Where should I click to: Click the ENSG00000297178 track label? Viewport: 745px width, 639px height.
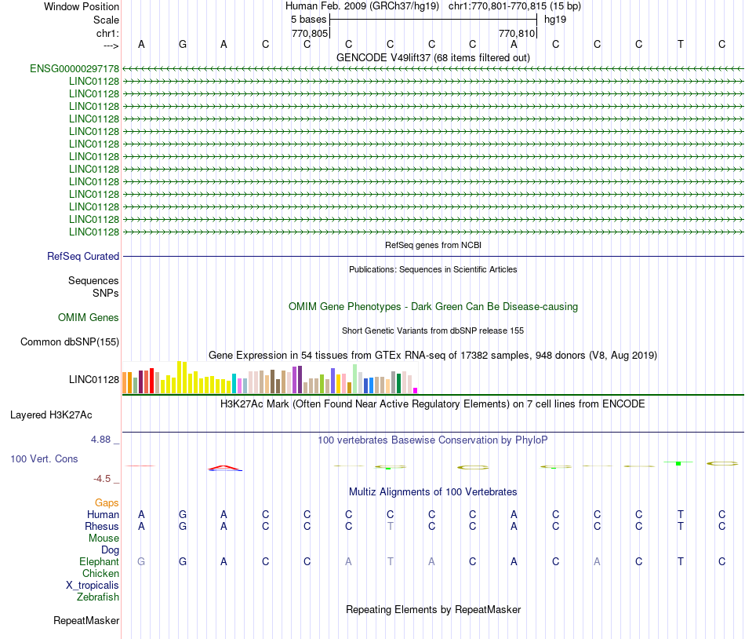tap(74, 69)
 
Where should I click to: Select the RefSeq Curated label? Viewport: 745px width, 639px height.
tap(83, 256)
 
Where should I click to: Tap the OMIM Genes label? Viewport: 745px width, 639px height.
tap(89, 318)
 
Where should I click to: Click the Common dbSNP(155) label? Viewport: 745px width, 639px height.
tap(70, 341)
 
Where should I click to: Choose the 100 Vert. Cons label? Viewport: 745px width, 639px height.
tap(44, 458)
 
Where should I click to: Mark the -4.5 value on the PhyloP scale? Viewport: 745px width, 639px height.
tap(103, 478)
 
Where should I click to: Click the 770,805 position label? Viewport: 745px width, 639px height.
tap(309, 34)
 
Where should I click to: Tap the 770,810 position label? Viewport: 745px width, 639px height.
tap(517, 34)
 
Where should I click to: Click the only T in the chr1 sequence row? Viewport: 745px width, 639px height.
tap(680, 44)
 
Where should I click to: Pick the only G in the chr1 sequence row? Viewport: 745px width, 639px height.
tap(183, 44)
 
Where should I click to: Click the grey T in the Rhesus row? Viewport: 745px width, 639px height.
tap(390, 526)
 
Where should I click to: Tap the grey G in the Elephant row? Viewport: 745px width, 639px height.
tap(141, 561)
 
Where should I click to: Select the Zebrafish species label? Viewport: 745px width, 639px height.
tap(98, 597)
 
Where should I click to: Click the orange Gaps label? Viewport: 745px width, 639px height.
tap(107, 502)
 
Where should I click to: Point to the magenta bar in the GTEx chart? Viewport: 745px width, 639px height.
tap(416, 390)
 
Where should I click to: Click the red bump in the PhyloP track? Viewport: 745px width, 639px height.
tap(224, 467)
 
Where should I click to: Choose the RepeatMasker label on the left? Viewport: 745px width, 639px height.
tap(86, 621)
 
